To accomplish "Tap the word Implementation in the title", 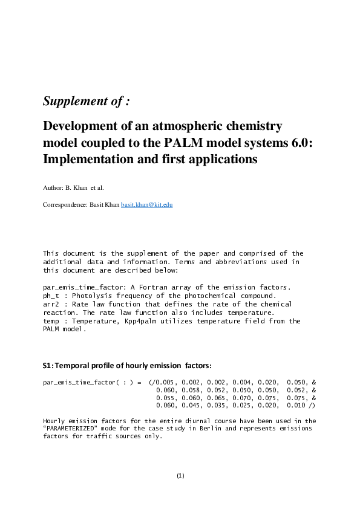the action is click(x=87, y=160).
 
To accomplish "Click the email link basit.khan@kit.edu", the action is click(x=148, y=205).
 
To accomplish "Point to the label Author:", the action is click(x=52, y=189).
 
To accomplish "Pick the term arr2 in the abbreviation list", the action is click(x=51, y=304).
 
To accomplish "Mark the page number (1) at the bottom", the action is click(x=180, y=476).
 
